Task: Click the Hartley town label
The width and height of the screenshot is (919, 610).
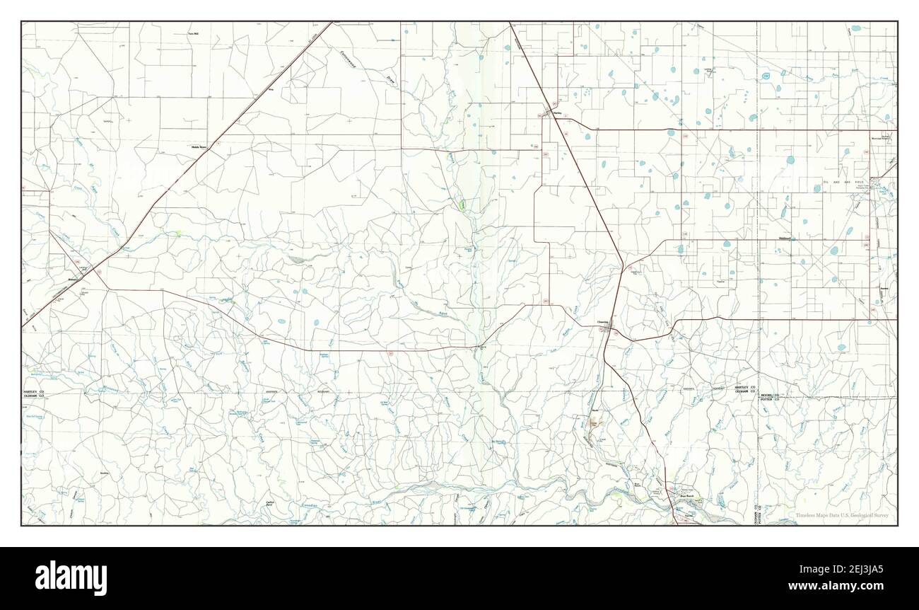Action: pos(557,112)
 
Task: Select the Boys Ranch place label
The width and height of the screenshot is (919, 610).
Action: pos(687,496)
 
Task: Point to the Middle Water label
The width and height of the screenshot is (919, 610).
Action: pos(199,147)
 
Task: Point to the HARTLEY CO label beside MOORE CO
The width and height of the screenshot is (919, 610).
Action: pos(744,388)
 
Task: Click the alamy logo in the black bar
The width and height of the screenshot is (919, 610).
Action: pos(71,577)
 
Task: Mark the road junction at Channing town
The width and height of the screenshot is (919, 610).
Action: pos(610,328)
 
